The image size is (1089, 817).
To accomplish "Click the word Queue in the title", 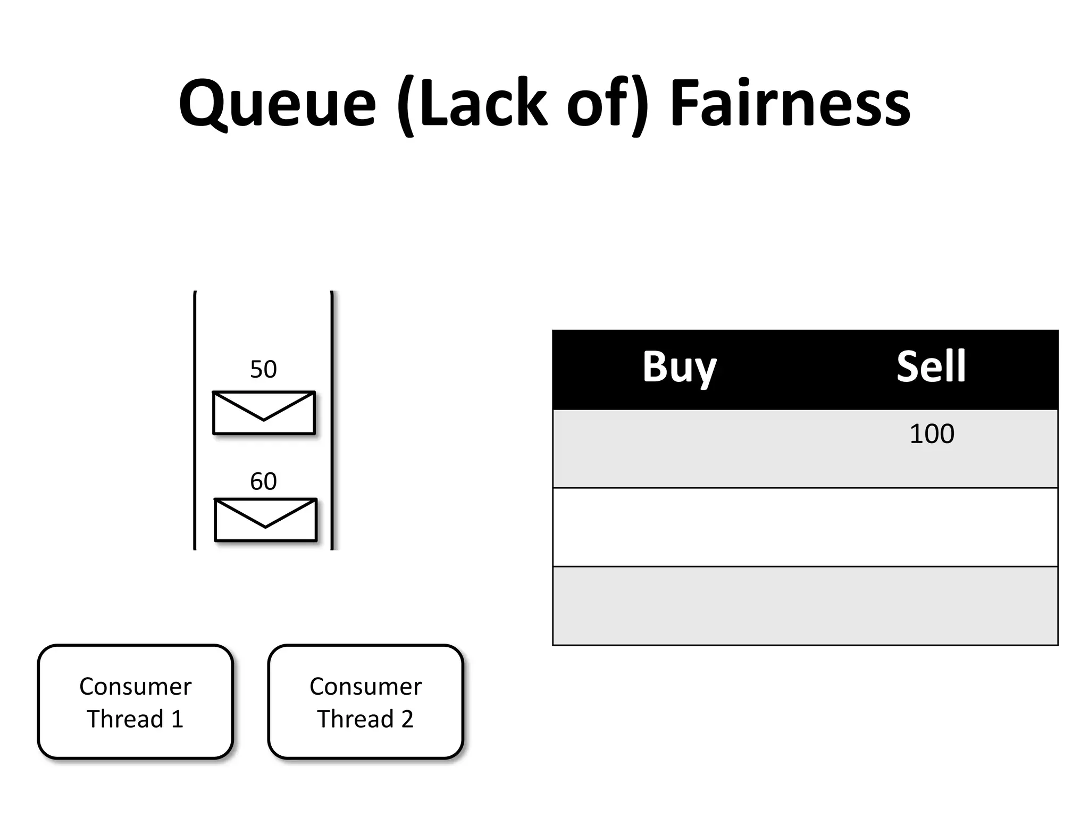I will (277, 104).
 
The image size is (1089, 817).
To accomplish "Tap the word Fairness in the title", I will (790, 104).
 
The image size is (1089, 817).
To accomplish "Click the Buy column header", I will (679, 367).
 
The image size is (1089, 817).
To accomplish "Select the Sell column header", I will (931, 367).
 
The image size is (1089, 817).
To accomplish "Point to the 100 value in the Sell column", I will (932, 434).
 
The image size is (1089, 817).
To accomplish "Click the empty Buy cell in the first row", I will (679, 448).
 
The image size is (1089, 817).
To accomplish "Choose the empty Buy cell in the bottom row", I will (679, 605).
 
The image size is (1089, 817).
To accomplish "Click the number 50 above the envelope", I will (263, 369).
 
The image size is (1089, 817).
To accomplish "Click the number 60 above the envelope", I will (263, 481).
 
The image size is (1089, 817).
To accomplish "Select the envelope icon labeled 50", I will (264, 413).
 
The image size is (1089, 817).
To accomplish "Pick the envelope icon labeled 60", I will (265, 520).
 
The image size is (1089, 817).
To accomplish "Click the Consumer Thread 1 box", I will (135, 702).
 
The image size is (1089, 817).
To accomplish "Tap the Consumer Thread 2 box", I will (365, 702).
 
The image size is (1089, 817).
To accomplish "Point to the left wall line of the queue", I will (195, 420).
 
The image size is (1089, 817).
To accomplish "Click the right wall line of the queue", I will (332, 420).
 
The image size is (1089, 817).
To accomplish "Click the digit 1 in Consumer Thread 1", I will (178, 719).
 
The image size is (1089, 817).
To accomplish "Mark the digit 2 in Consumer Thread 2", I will (407, 719).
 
